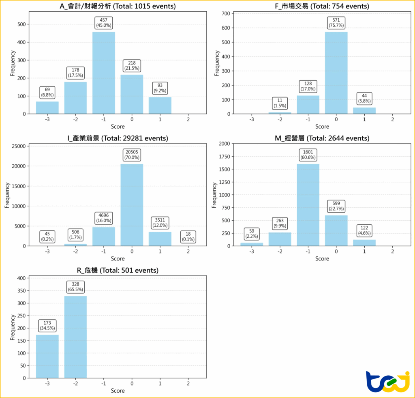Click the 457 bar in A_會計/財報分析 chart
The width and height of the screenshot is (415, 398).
[104, 73]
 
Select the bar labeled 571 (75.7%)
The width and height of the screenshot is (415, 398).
[336, 73]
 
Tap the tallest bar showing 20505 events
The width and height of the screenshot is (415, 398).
[132, 205]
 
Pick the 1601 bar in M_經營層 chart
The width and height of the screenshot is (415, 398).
[308, 205]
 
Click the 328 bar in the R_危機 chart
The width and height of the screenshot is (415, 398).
[75, 337]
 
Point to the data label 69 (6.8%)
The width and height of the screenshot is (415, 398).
[47, 92]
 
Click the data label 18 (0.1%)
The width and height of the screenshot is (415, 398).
[188, 237]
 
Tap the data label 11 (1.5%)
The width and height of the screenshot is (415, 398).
[280, 103]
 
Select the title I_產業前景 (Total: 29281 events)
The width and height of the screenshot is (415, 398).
[118, 138]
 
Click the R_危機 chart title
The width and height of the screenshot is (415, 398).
[118, 270]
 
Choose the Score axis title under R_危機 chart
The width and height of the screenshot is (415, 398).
[118, 391]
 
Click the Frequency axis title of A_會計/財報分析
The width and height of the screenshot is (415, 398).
[13, 63]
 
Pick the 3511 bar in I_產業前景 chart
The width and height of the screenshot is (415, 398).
[160, 239]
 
